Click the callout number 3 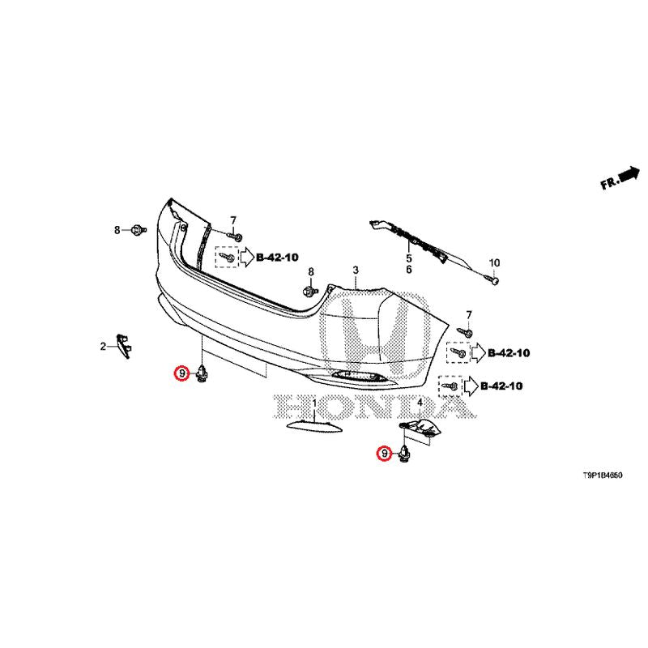click(355, 269)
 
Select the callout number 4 click(420, 403)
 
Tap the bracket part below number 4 click(420, 429)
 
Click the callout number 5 click(409, 258)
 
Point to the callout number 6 click(409, 269)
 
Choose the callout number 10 click(494, 262)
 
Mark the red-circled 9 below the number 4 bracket click(382, 454)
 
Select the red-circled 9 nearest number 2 click(181, 373)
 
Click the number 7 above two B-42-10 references click(467, 314)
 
